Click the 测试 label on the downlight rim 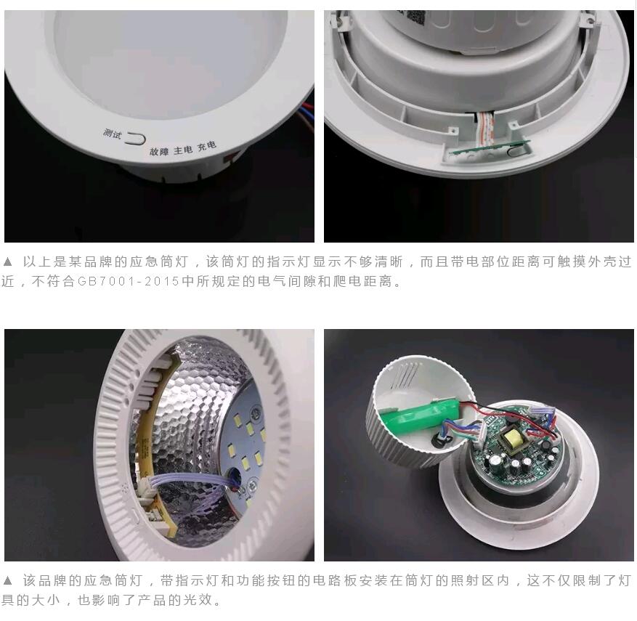click(x=113, y=133)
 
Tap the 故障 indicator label click(x=159, y=152)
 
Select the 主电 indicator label click(x=183, y=150)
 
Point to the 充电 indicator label click(x=207, y=145)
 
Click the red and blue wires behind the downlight click(x=307, y=115)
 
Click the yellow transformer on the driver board click(x=510, y=439)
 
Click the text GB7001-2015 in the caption click(x=129, y=281)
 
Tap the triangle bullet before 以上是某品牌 click(x=7, y=261)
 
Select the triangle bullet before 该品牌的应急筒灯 click(x=7, y=581)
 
